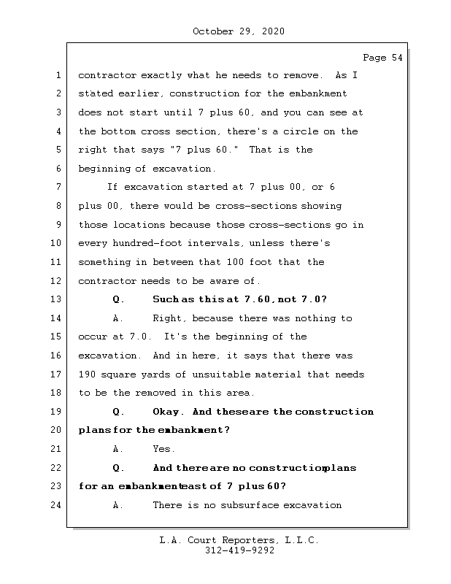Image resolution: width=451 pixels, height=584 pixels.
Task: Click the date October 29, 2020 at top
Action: coord(239,31)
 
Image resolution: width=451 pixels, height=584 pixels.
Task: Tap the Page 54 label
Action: coord(382,58)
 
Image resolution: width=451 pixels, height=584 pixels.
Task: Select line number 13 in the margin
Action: coord(58,299)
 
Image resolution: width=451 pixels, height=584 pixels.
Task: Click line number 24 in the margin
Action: coord(58,504)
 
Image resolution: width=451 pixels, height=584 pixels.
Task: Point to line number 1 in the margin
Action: coord(58,75)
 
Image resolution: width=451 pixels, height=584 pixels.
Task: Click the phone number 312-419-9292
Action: coord(239,551)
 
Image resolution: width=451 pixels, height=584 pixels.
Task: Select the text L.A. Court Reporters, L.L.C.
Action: coord(239,540)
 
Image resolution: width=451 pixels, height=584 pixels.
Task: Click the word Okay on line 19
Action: coord(167,411)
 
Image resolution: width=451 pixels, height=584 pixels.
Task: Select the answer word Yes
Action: coord(163,449)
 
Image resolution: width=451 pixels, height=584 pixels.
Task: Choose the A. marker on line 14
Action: coord(117,318)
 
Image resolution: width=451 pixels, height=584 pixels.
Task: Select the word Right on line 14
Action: coord(167,318)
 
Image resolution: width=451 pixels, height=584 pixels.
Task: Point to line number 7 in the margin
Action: coord(58,187)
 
